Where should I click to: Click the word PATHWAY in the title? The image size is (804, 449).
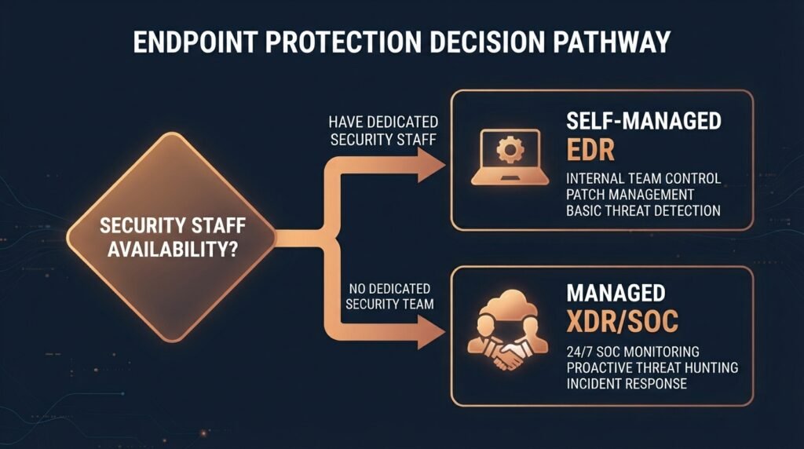(x=611, y=42)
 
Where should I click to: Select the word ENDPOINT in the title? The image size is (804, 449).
(x=196, y=42)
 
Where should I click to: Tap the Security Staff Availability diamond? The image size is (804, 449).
(x=172, y=237)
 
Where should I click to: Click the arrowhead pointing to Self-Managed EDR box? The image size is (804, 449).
(x=431, y=165)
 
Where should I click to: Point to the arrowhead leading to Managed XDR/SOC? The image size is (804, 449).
(x=431, y=332)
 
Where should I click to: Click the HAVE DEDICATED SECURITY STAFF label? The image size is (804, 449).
(x=383, y=131)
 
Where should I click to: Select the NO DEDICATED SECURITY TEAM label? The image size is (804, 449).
(x=389, y=296)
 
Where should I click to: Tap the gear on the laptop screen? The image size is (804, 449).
(x=510, y=150)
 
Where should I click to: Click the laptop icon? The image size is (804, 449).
(x=510, y=157)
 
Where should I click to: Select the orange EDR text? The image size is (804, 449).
(x=590, y=150)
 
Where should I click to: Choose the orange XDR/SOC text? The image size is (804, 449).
(x=622, y=321)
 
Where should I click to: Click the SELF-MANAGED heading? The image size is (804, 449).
(x=644, y=121)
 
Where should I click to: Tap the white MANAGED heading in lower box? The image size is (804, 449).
(x=616, y=293)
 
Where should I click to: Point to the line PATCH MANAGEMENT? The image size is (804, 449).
(x=630, y=195)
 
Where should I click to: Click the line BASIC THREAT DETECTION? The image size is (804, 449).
(x=643, y=210)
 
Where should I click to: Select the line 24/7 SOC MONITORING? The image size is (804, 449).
(x=633, y=352)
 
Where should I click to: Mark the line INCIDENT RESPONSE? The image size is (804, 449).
(x=627, y=383)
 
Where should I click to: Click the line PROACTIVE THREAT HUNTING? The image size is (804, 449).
(x=652, y=367)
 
